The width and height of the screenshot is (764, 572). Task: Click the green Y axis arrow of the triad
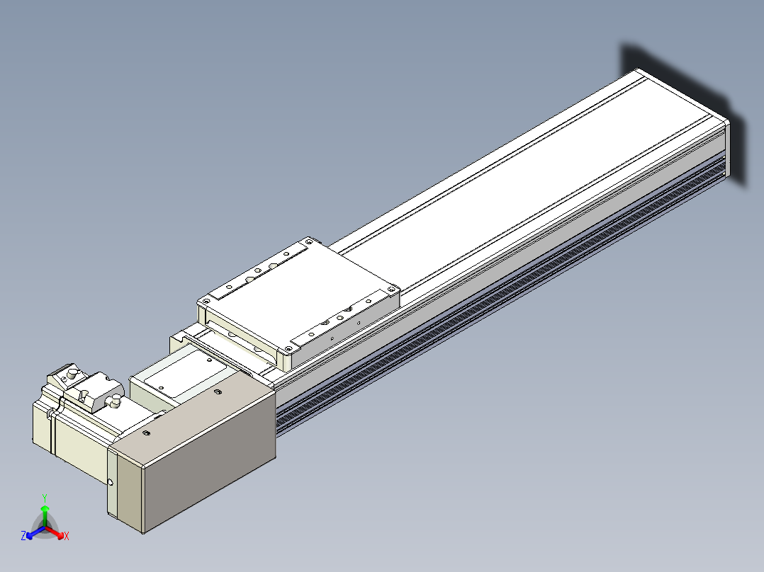pyautogui.click(x=45, y=515)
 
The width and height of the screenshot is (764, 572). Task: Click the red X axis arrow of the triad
pyautogui.click(x=55, y=532)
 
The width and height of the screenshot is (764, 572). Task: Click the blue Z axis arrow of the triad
pyautogui.click(x=35, y=532)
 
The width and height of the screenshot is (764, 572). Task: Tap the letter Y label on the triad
pyautogui.click(x=45, y=498)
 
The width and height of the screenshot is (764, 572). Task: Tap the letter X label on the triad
pyautogui.click(x=67, y=536)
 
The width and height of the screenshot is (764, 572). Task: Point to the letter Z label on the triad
pyautogui.click(x=23, y=536)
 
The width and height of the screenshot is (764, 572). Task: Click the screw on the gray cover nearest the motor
pyautogui.click(x=146, y=433)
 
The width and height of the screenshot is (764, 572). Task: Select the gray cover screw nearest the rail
pyautogui.click(x=218, y=391)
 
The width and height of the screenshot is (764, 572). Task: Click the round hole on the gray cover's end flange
pyautogui.click(x=111, y=482)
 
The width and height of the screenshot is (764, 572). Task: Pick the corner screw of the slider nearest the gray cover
pyautogui.click(x=288, y=349)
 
